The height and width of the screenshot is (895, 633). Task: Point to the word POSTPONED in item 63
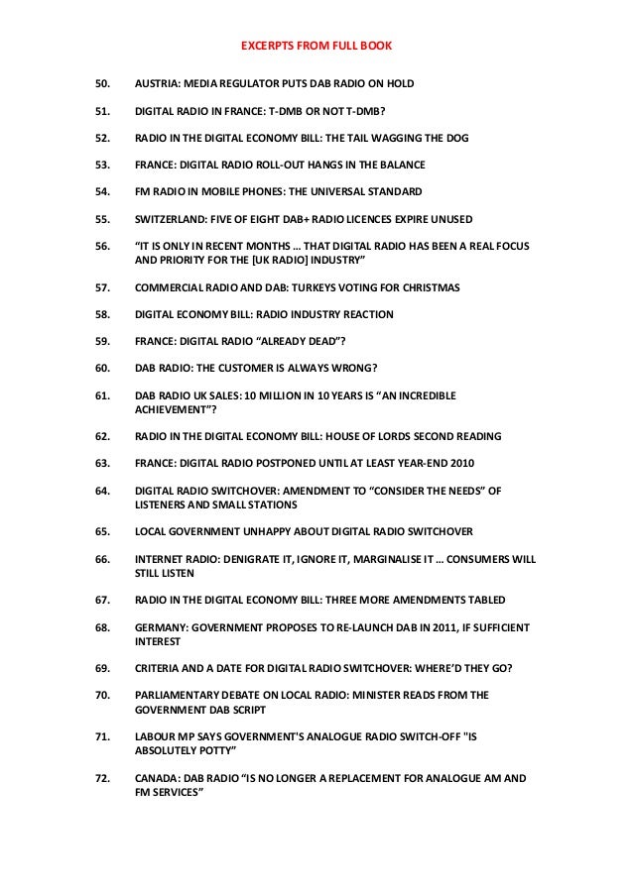(277, 463)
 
